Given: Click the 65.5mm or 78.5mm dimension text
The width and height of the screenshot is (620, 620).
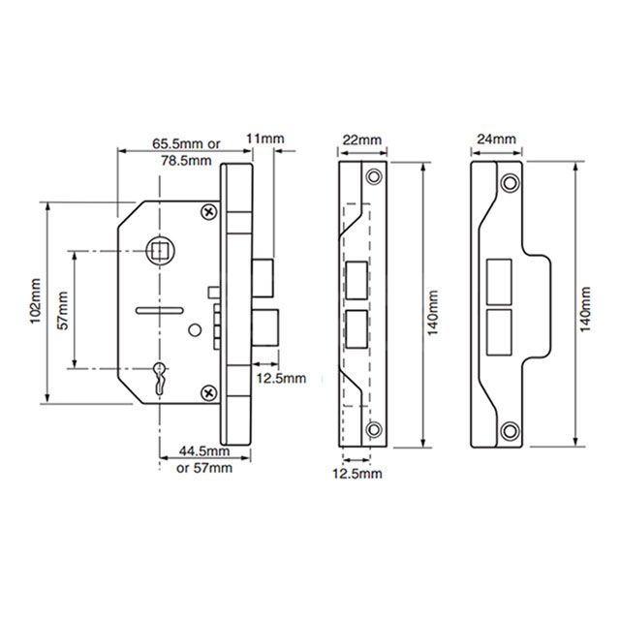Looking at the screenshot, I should [186, 152].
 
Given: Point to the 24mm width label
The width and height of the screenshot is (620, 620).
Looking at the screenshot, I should [496, 140].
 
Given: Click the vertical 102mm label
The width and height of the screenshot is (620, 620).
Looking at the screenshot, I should [35, 301].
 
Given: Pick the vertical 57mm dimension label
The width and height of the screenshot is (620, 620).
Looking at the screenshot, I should [64, 309].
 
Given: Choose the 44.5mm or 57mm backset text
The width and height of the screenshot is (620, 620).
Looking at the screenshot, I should [203, 459].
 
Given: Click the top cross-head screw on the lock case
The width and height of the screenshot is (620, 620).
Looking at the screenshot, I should [207, 211].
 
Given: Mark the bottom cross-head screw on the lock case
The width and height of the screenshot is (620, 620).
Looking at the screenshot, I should [207, 391].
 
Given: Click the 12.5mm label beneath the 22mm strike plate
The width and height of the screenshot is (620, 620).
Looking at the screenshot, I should [357, 474].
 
